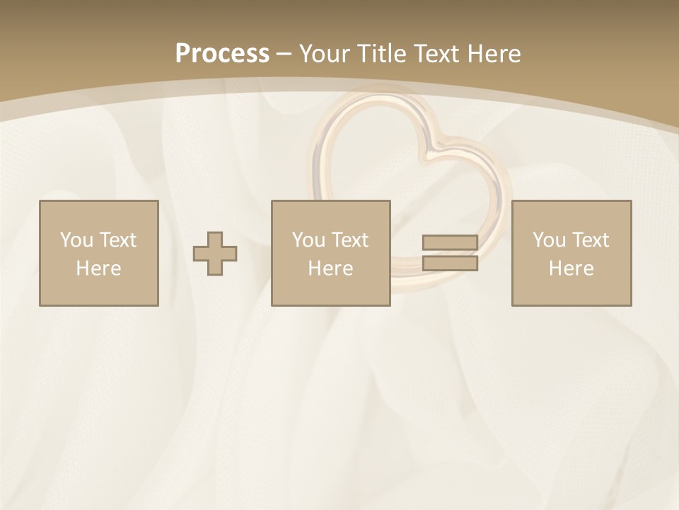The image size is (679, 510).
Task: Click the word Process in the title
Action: click(x=222, y=54)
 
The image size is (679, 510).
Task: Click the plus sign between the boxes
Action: click(x=215, y=254)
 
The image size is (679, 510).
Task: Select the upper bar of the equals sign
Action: click(x=450, y=243)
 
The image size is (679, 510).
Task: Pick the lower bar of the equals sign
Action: click(x=450, y=263)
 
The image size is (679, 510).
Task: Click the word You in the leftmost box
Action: click(x=76, y=240)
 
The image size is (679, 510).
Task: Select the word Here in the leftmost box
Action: click(x=99, y=268)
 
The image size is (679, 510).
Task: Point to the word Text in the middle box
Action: click(x=350, y=240)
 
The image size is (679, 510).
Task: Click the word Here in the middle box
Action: click(x=331, y=268)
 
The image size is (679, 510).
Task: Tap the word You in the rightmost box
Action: click(x=549, y=240)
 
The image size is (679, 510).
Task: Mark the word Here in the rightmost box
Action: click(x=571, y=268)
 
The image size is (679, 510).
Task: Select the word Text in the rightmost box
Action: click(x=591, y=240)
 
